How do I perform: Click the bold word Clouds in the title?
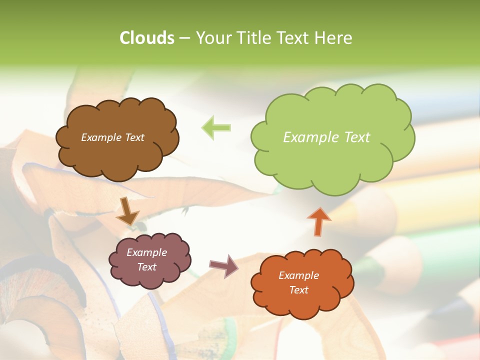146,38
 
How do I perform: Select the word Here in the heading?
333,38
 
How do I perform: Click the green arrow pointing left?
216,127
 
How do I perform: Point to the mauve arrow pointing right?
223,265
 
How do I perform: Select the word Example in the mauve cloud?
146,252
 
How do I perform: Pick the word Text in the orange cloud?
298,290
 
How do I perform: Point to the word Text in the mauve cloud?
146,267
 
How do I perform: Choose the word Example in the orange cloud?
298,275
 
